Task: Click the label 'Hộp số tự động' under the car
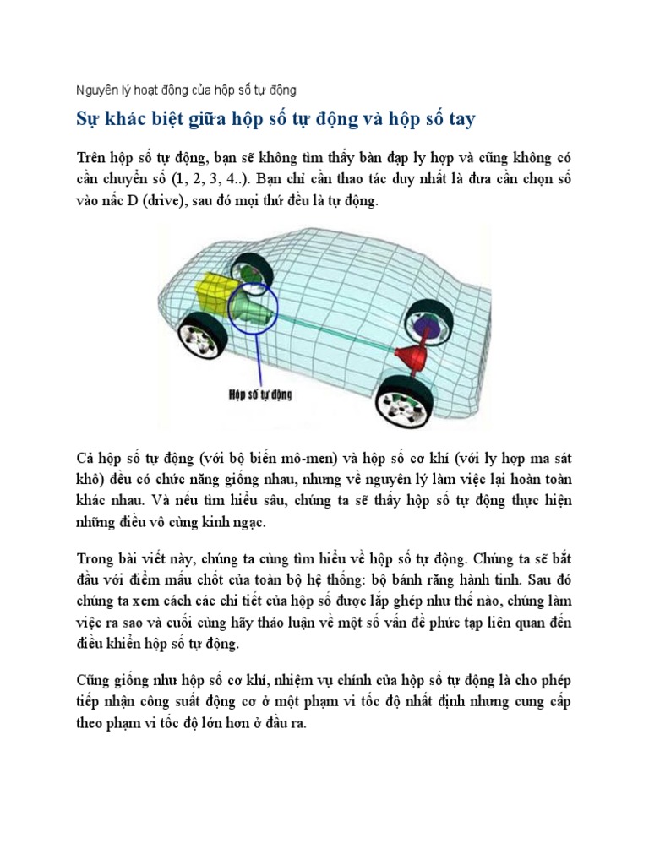coord(259,394)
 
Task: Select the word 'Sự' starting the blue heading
coord(82,119)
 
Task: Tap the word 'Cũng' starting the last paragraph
coord(92,680)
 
